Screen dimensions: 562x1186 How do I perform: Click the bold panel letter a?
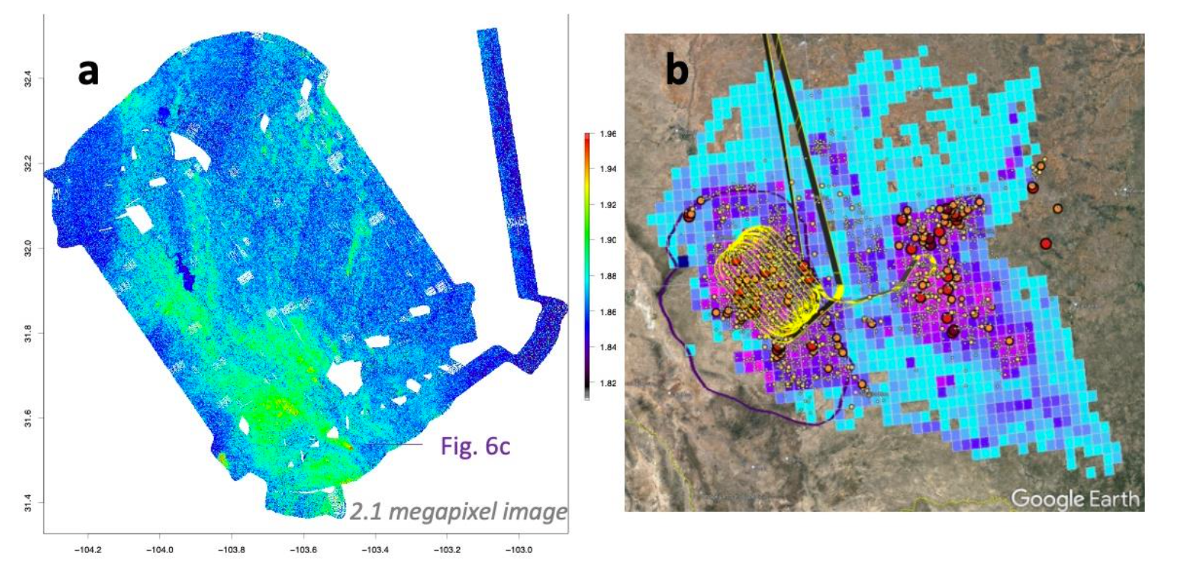[88, 73]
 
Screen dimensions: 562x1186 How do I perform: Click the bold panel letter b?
[677, 71]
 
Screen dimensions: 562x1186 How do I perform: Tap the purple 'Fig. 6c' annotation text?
[475, 446]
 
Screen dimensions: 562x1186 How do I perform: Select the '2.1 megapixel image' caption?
[458, 512]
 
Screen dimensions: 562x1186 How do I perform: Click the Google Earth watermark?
[1075, 498]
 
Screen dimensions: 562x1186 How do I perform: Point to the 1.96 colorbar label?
[608, 135]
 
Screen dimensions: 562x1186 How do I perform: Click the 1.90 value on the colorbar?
[608, 240]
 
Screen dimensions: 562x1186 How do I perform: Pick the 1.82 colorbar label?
[608, 384]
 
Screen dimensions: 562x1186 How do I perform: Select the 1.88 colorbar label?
[608, 276]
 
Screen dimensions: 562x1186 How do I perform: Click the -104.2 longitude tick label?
[88, 550]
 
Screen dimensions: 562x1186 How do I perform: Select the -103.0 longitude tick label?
[519, 550]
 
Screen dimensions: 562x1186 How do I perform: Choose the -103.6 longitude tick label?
[304, 550]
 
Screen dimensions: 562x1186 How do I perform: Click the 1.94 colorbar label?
[608, 169]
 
